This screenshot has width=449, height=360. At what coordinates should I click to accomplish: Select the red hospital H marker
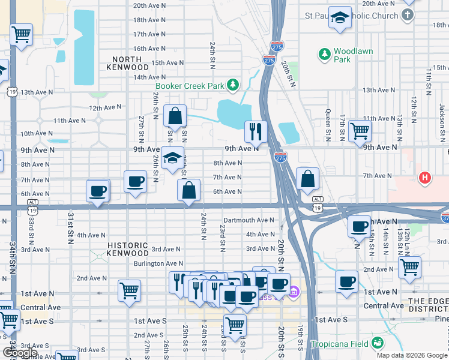[x=425, y=178]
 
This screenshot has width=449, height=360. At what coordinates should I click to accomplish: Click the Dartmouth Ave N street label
[x=249, y=220]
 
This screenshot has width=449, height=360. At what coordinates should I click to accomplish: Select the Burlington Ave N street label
[x=158, y=263]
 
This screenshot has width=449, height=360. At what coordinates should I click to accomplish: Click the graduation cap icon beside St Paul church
[x=341, y=19]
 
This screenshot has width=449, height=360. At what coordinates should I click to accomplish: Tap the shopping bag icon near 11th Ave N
[x=174, y=116]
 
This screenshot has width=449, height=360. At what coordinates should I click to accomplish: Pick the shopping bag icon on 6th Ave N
[x=188, y=190]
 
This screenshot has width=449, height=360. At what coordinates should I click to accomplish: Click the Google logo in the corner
[x=19, y=353]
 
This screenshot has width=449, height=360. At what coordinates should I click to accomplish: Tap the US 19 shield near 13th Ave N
[x=11, y=91]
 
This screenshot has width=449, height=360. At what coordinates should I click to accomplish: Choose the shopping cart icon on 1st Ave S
[x=235, y=325]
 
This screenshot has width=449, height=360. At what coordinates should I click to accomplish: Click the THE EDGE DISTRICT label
[x=429, y=305]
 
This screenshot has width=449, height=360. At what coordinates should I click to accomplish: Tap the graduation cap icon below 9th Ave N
[x=172, y=158]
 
